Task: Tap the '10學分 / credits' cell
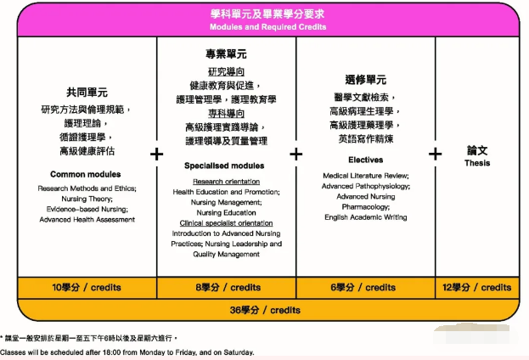(86, 288)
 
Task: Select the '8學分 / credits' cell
(228, 288)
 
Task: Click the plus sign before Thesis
(435, 154)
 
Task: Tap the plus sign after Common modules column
(156, 154)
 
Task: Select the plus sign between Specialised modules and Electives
(295, 154)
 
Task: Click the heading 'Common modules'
(86, 175)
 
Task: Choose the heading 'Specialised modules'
(224, 166)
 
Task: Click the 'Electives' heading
(365, 160)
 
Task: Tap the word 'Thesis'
(477, 163)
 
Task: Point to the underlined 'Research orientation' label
(226, 182)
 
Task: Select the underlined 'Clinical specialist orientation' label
(226, 222)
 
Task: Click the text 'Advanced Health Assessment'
(87, 220)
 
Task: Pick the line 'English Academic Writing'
(365, 217)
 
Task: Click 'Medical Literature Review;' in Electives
(365, 176)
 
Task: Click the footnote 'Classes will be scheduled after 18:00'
(127, 352)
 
